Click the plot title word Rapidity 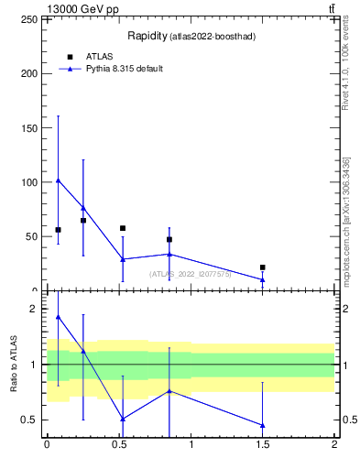147,37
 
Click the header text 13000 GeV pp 82,9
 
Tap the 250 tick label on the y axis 28,19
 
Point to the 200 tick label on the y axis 28,73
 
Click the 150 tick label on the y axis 28,127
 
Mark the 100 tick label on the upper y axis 28,181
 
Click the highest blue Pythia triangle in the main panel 58,180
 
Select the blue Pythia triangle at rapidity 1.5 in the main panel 263,279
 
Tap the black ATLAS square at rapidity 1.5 263,267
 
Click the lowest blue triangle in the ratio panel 263,425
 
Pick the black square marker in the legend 71,57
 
